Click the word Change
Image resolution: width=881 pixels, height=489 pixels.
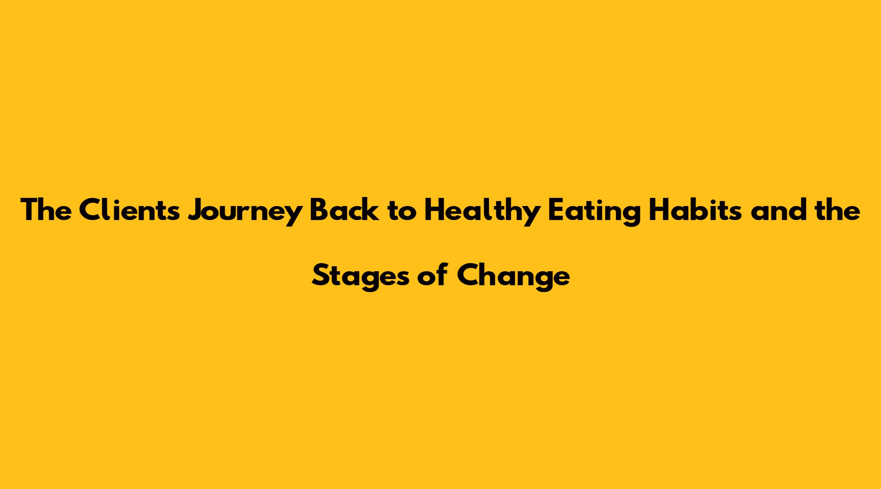point(513,278)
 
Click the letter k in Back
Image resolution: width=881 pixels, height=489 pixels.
point(371,210)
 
